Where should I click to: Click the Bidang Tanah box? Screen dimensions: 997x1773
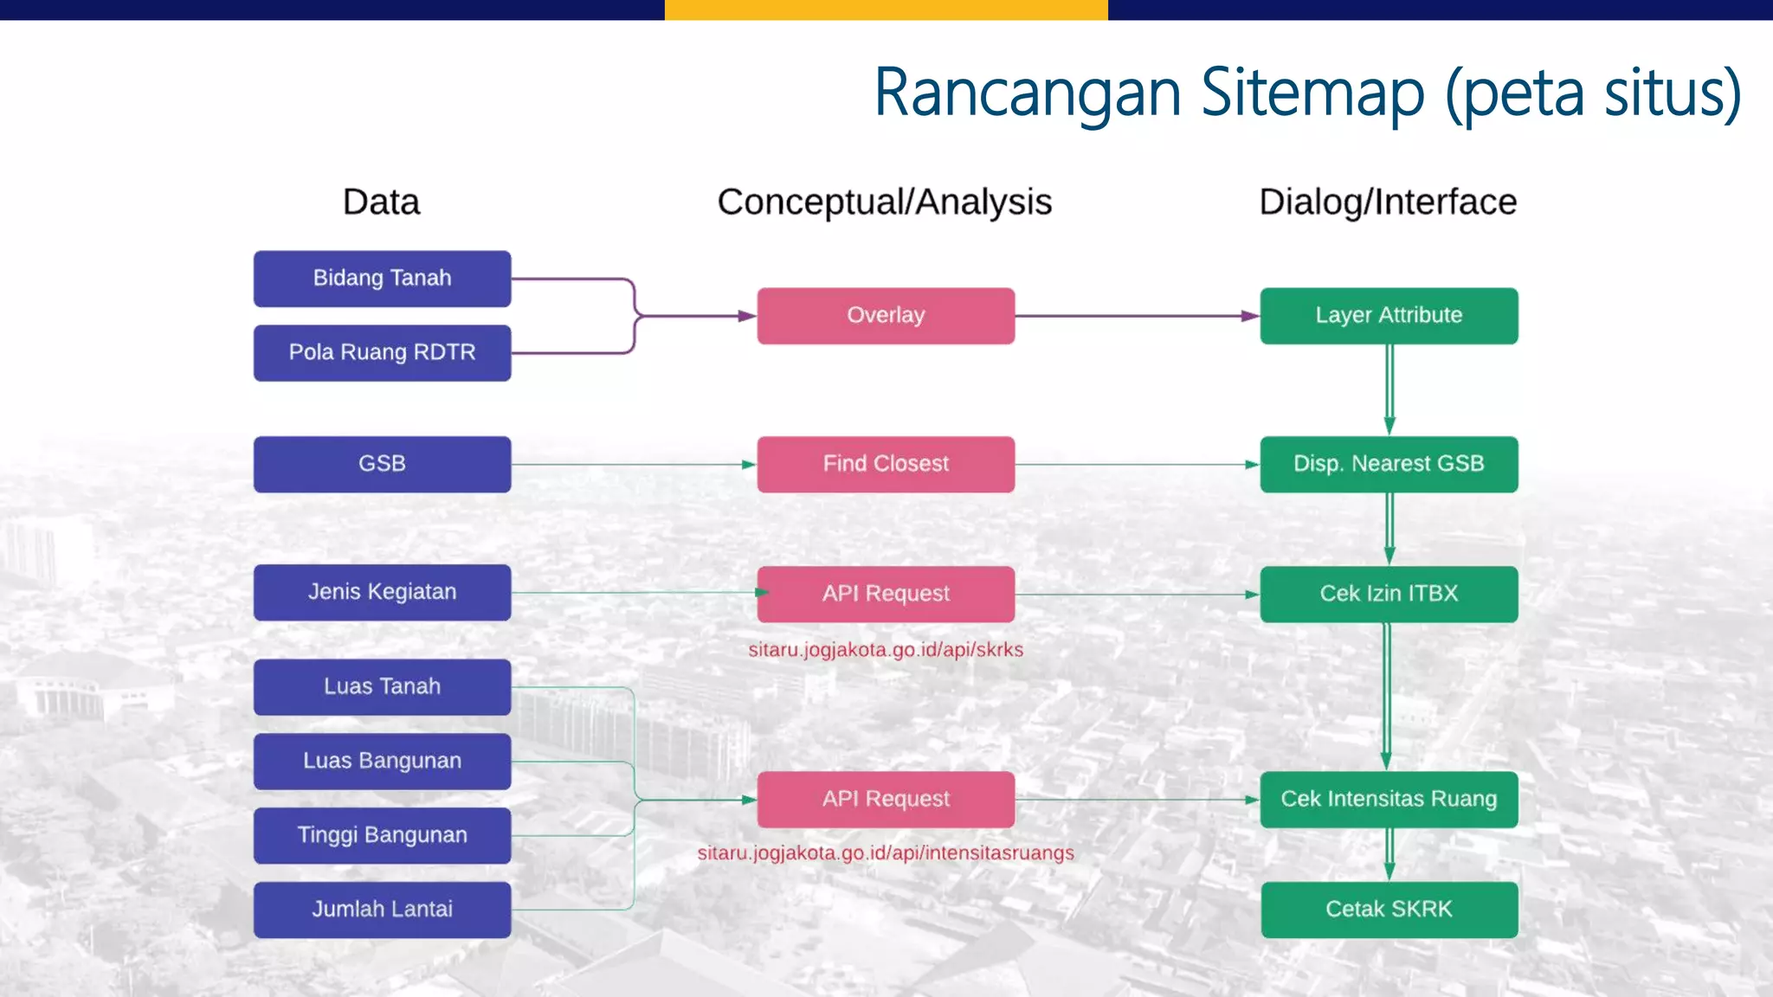click(382, 279)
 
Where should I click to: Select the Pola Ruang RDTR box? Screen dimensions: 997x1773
click(382, 352)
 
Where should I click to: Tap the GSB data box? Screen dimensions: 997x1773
click(382, 464)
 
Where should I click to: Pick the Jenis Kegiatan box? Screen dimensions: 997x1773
click(382, 592)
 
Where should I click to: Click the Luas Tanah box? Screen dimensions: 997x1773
click(382, 686)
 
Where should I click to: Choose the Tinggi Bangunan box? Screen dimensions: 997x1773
click(382, 835)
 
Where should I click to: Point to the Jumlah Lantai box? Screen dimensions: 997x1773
click(382, 910)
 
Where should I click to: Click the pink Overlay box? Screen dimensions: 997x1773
click(886, 316)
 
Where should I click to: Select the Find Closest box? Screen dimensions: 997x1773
click(886, 464)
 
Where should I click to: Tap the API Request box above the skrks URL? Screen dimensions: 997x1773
click(886, 594)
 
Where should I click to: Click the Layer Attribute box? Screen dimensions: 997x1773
click(1389, 316)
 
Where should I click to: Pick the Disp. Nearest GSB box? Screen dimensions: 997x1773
click(1389, 464)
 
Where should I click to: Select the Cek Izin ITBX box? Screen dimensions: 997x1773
click(1389, 594)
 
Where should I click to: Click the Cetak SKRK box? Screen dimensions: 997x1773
click(1389, 910)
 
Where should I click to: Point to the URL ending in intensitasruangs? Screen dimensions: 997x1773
click(886, 853)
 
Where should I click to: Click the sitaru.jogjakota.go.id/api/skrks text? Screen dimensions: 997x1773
click(886, 650)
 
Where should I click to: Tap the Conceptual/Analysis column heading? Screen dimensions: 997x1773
click(884, 203)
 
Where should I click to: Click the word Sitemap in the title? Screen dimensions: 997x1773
click(1312, 93)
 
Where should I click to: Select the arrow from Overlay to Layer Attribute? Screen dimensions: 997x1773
click(1137, 316)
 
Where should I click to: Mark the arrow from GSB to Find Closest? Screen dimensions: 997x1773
click(633, 465)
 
